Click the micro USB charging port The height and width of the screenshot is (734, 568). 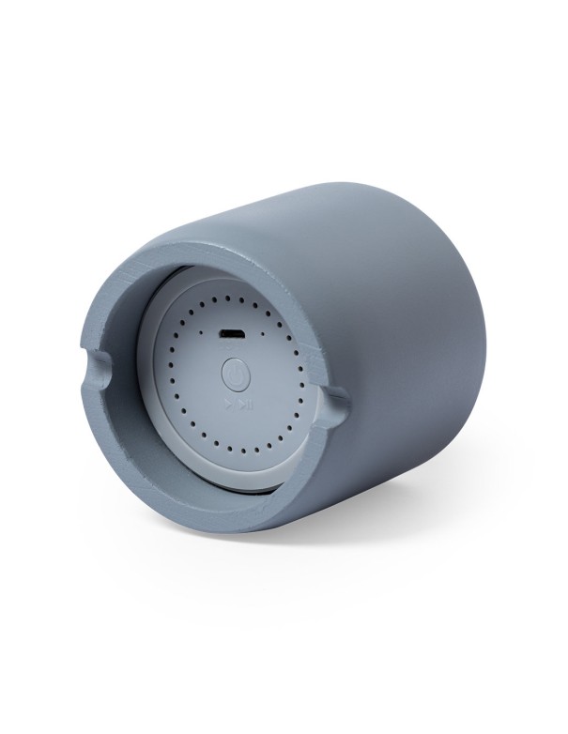(x=232, y=334)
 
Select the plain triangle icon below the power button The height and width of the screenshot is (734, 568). (x=227, y=405)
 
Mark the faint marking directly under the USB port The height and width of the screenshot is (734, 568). (x=232, y=347)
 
